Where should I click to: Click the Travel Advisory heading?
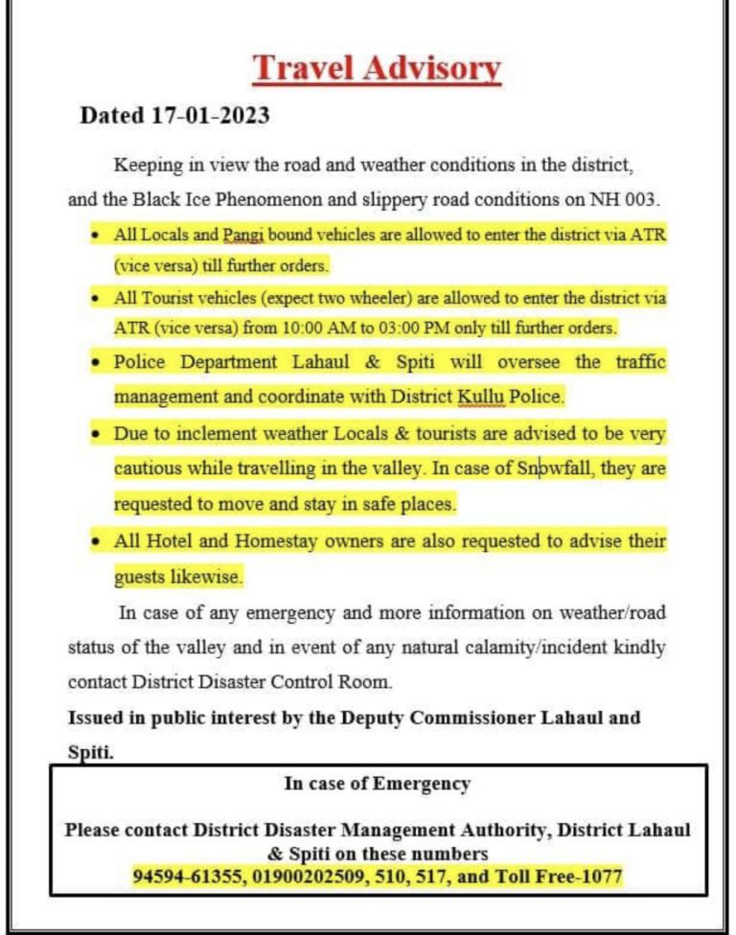(x=377, y=69)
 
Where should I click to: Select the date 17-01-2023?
(x=210, y=117)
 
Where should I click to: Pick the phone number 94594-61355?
(x=186, y=876)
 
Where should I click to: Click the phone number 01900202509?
(x=304, y=876)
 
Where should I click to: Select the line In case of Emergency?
(x=377, y=784)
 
